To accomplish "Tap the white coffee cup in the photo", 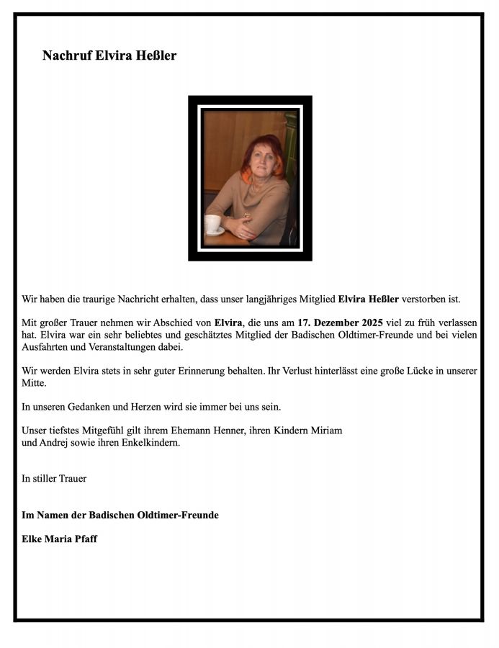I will point(213,224).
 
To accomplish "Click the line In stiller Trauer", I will point(54,478).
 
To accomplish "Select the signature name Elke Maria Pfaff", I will point(60,539).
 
